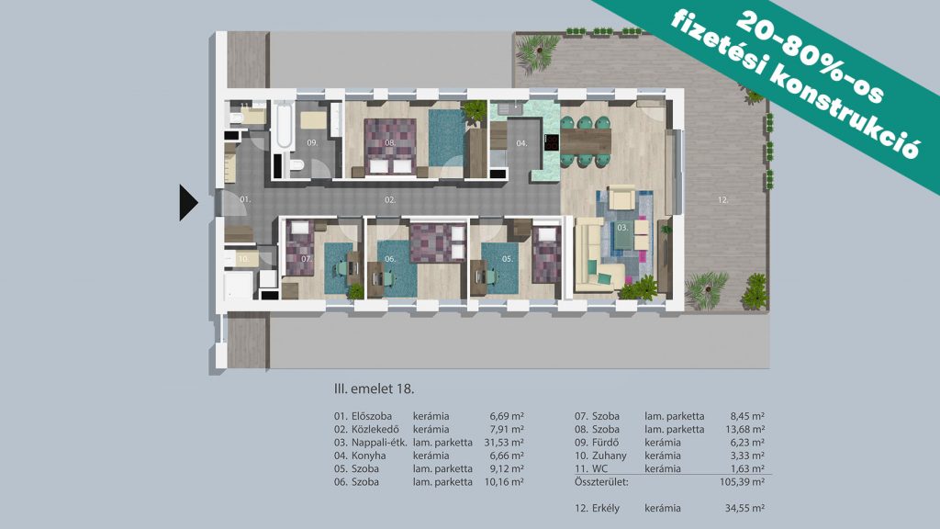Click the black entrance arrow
pyautogui.click(x=188, y=203)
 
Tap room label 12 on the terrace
pyautogui.click(x=723, y=200)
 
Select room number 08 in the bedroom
pyautogui.click(x=390, y=142)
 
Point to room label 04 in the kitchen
pyautogui.click(x=521, y=143)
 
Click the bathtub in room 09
pyautogui.click(x=282, y=127)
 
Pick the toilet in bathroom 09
pyautogui.click(x=297, y=165)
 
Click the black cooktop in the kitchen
pyautogui.click(x=551, y=142)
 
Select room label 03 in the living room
pyautogui.click(x=622, y=228)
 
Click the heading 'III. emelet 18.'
pyautogui.click(x=375, y=388)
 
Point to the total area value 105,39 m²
pyautogui.click(x=742, y=481)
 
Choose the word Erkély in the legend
pyautogui.click(x=606, y=508)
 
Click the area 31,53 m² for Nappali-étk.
pyautogui.click(x=504, y=443)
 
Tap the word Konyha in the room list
pyautogui.click(x=368, y=456)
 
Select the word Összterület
pyautogui.click(x=601, y=481)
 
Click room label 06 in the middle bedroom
pyautogui.click(x=390, y=259)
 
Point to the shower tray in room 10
pyautogui.click(x=239, y=287)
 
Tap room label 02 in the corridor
pyautogui.click(x=390, y=200)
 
